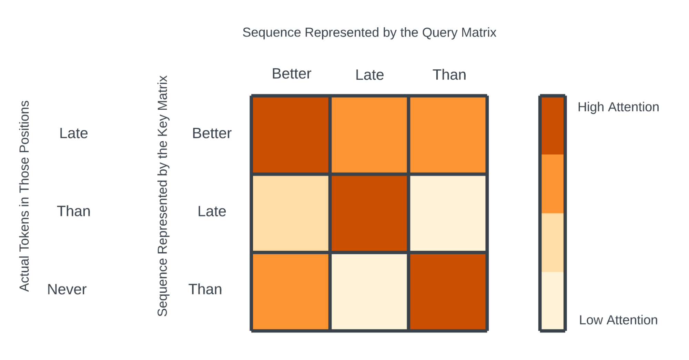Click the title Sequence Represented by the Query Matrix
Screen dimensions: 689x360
tap(369, 32)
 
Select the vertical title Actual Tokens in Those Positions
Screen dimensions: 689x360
tap(24, 196)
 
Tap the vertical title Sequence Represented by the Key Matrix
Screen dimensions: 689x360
tap(162, 196)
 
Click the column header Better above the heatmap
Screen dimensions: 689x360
tap(292, 74)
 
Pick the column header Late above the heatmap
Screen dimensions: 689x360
tap(369, 75)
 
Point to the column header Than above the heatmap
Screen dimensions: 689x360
tap(449, 75)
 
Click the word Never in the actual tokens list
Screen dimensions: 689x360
tap(67, 289)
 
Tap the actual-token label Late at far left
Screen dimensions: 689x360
tap(74, 133)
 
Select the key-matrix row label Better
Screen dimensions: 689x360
tap(212, 133)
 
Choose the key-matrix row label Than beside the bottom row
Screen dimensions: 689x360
tap(205, 289)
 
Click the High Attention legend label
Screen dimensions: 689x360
tap(618, 107)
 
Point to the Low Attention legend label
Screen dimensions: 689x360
tap(618, 320)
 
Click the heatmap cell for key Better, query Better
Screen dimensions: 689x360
tap(291, 135)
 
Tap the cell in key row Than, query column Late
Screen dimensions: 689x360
tap(369, 292)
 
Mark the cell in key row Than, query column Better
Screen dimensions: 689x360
tap(291, 292)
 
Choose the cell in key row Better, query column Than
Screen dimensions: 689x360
tap(448, 135)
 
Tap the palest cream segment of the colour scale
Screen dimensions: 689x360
tap(553, 301)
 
